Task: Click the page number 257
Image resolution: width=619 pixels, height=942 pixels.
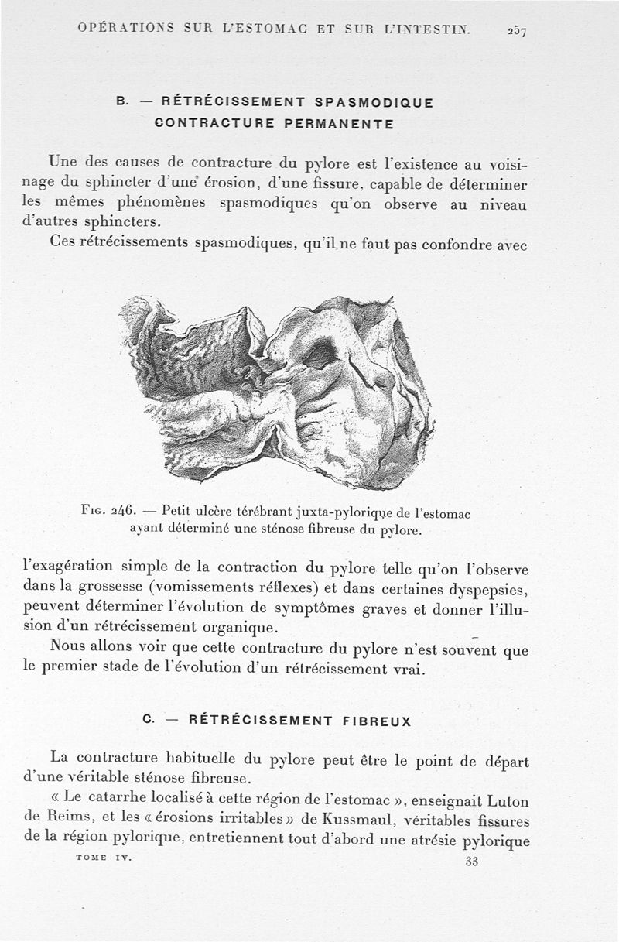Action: pyautogui.click(x=517, y=31)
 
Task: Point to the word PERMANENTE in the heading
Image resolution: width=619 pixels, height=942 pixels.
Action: pyautogui.click(x=339, y=123)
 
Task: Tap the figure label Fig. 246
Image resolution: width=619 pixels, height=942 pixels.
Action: pyautogui.click(x=108, y=511)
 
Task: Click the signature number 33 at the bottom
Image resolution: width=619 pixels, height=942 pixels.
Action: pyautogui.click(x=472, y=863)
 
